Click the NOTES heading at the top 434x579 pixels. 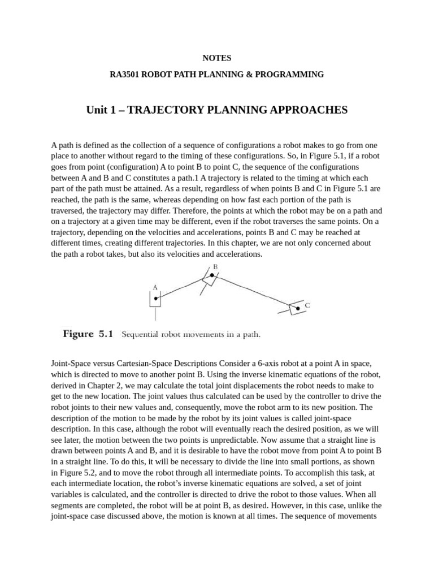coord(216,58)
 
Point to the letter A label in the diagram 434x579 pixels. coord(155,287)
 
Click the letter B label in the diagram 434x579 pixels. coord(215,266)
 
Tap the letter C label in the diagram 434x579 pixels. coord(307,305)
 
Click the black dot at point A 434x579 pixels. coord(156,297)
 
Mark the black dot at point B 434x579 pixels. coord(211,275)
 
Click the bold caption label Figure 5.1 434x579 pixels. coord(88,334)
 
